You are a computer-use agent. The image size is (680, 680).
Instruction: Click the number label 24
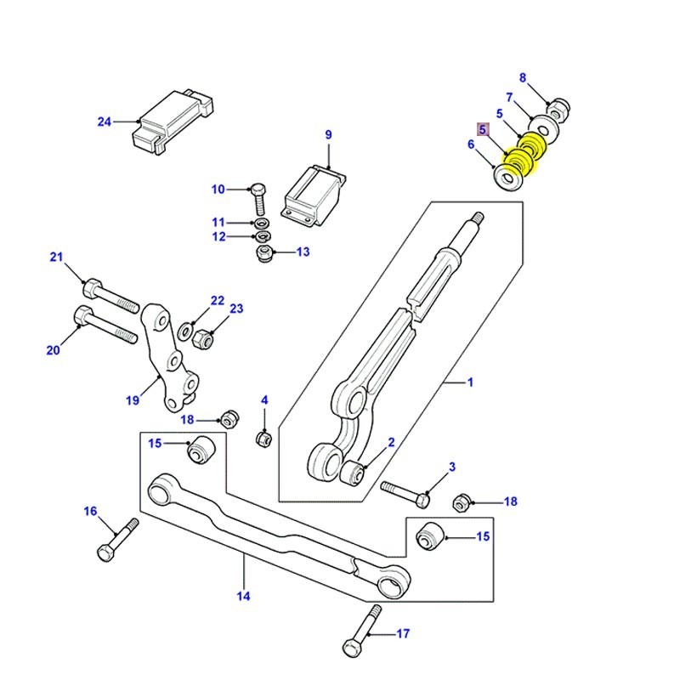coord(104,122)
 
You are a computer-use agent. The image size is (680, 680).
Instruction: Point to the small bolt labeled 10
coord(260,199)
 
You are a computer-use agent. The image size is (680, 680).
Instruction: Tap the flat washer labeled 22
coord(185,330)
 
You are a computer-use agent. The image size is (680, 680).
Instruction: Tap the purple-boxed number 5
coord(483,130)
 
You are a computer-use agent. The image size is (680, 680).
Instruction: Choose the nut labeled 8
coord(559,109)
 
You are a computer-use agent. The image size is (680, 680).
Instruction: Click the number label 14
coord(244,596)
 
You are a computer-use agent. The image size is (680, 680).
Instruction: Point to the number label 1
coord(469,383)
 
